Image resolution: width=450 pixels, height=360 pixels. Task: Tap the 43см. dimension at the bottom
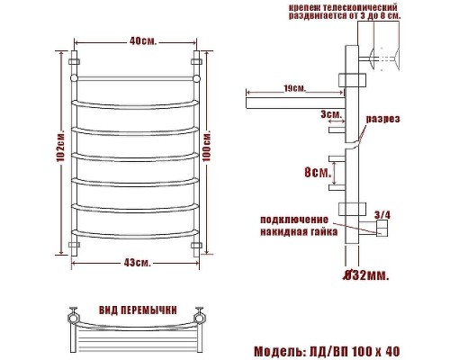point(137,262)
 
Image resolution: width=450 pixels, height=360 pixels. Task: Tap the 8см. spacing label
point(315,171)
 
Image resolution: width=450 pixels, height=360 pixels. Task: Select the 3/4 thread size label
point(382,214)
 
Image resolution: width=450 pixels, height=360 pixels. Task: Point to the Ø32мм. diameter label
point(366,274)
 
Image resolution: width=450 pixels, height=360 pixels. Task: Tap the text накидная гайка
point(299,231)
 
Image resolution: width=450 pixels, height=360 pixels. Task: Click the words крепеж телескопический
point(345,7)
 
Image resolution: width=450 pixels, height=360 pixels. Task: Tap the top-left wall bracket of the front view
point(74,63)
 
